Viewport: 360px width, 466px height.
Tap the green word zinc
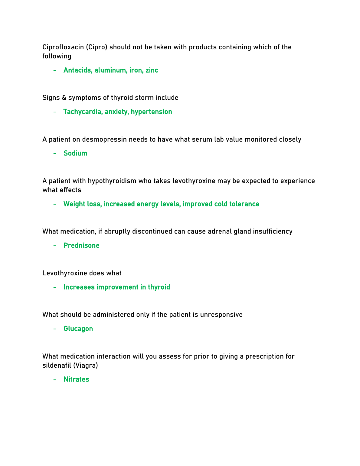[x=152, y=70]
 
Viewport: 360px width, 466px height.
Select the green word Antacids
[x=78, y=70]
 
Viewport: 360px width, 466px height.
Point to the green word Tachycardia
[x=83, y=112]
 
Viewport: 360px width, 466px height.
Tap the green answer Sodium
[x=75, y=153]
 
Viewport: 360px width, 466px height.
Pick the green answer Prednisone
[x=81, y=245]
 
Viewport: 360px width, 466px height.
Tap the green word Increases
[x=79, y=287]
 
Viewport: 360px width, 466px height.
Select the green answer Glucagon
[x=78, y=329]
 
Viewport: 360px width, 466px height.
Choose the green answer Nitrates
[x=76, y=379]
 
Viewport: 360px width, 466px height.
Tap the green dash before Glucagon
[x=54, y=329]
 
